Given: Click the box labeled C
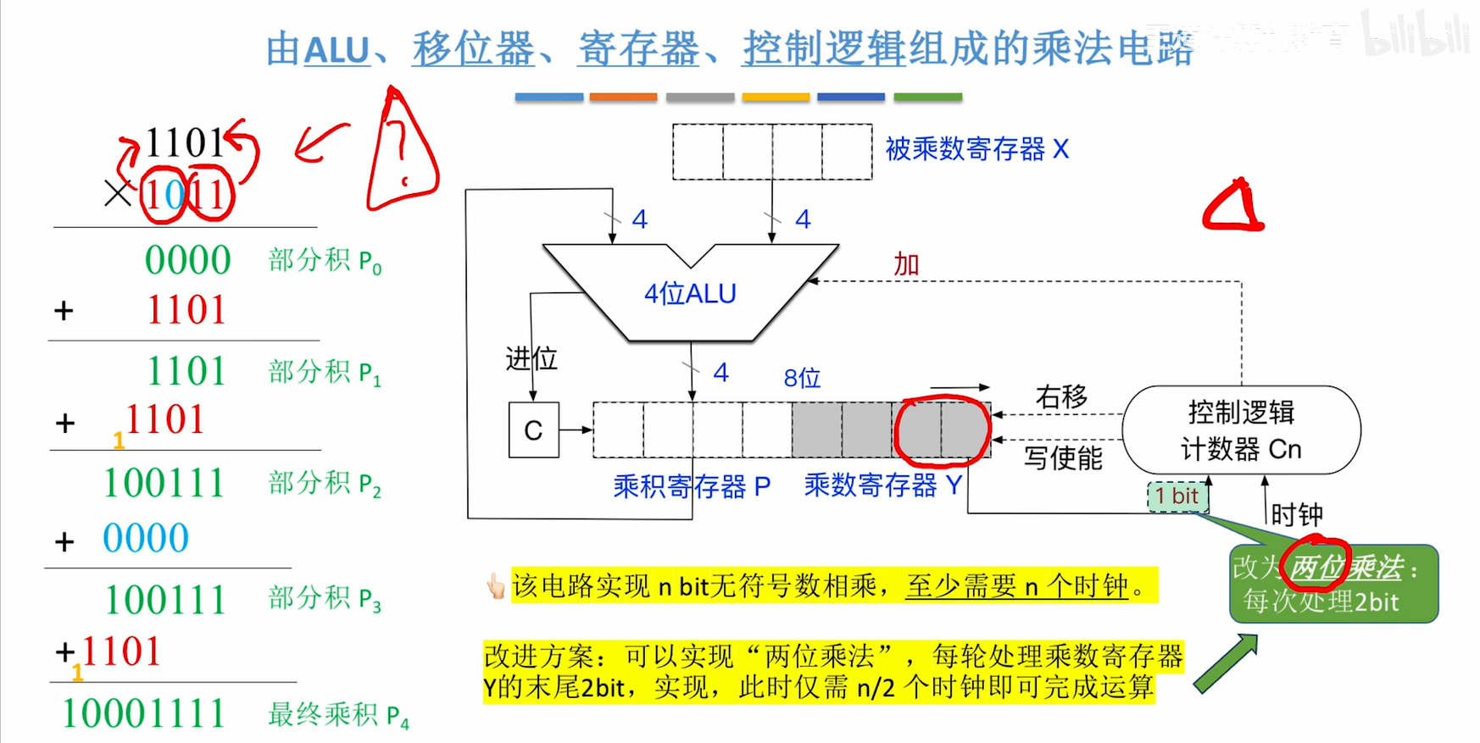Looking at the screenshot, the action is pos(533,430).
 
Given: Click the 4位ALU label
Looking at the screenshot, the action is pos(690,294).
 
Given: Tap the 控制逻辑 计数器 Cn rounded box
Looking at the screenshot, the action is pos(1241,430).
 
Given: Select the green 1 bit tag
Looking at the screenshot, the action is pos(1177,496).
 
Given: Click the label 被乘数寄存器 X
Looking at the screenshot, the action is pos(976,150).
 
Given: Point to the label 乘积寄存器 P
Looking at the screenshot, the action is pos(691,486).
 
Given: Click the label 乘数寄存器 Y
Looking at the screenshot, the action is pos(882,485).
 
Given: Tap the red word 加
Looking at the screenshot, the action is pos(906,264).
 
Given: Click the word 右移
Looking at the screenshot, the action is pos(1060,396).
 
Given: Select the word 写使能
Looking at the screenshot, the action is pos(1063,457).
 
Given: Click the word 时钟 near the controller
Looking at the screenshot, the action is pos(1296,514).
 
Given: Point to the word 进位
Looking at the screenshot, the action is pos(531,359).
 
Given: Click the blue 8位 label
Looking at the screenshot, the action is pos(802,378).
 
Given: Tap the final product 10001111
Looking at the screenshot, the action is pos(143,713).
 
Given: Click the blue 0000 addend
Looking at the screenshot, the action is pos(146,538).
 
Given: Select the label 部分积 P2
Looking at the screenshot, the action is pos(325,484).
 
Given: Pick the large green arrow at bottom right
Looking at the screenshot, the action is pos(1226,664).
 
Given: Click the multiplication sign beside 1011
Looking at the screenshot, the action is pos(118,194).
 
